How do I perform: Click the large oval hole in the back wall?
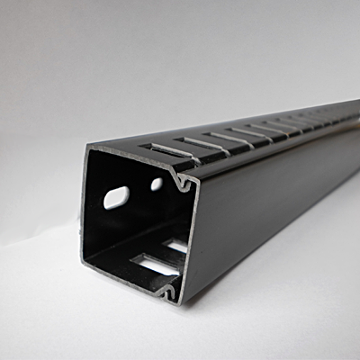point(117,197)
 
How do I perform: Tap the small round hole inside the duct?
point(157,184)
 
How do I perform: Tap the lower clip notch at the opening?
point(167,287)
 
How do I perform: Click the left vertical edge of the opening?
point(85,207)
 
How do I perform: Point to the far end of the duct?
point(354,112)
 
